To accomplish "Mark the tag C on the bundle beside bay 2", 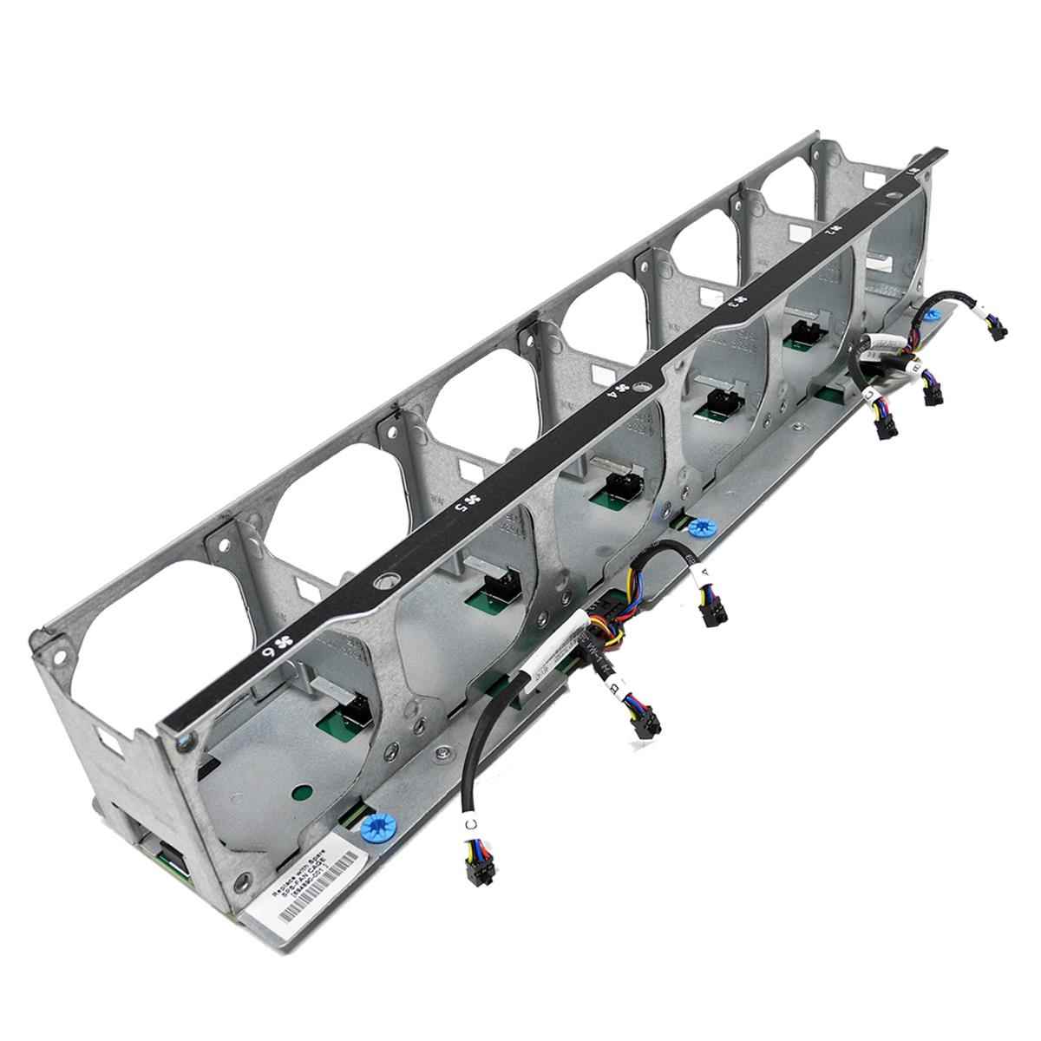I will [x=870, y=395].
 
